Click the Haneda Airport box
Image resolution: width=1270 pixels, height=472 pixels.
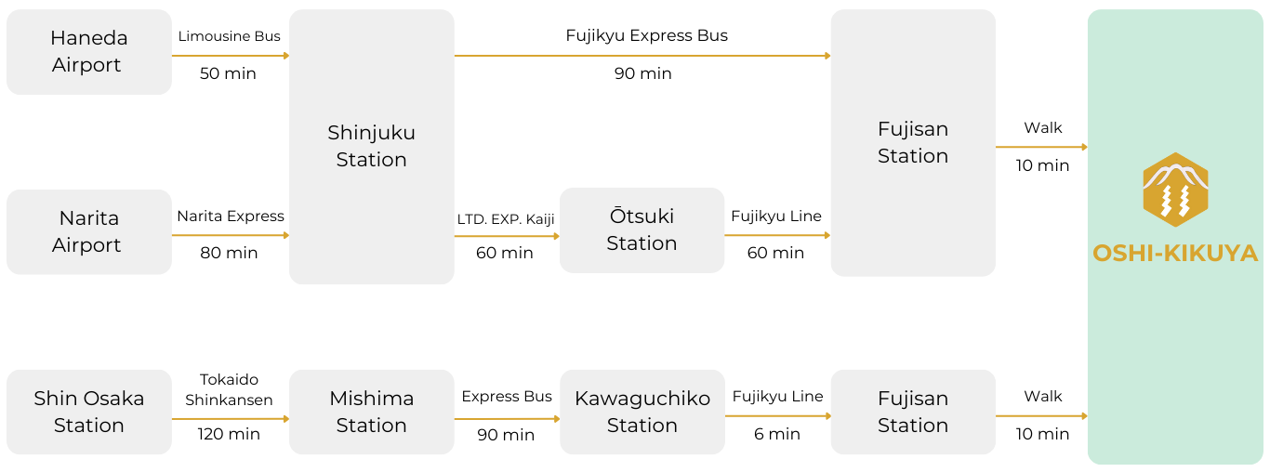(89, 52)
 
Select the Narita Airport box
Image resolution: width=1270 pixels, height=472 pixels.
(89, 231)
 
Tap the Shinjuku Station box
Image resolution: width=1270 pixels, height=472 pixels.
(371, 146)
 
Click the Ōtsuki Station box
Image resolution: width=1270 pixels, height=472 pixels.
(642, 229)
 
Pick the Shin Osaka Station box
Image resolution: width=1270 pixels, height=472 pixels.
(89, 412)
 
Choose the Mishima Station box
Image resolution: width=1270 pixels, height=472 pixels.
(371, 412)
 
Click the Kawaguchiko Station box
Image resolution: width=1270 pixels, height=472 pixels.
(642, 412)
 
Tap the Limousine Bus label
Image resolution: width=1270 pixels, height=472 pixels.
(229, 36)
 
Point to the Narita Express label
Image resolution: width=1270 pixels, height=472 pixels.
(231, 216)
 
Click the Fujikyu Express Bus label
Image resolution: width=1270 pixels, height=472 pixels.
(646, 35)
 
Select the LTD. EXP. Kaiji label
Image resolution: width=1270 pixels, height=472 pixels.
(506, 219)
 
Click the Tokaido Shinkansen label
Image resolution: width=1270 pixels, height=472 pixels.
(229, 389)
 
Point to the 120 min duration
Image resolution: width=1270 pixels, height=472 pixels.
(229, 434)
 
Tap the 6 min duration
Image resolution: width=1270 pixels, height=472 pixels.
(777, 434)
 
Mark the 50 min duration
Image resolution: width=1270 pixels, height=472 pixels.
(228, 73)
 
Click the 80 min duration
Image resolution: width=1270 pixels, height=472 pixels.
(229, 253)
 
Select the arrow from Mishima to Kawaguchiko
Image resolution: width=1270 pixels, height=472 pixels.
(507, 419)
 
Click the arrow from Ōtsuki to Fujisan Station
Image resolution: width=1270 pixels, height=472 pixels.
(777, 235)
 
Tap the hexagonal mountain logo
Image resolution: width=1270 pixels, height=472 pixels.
(1175, 190)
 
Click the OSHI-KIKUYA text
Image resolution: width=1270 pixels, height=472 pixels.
(1175, 253)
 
